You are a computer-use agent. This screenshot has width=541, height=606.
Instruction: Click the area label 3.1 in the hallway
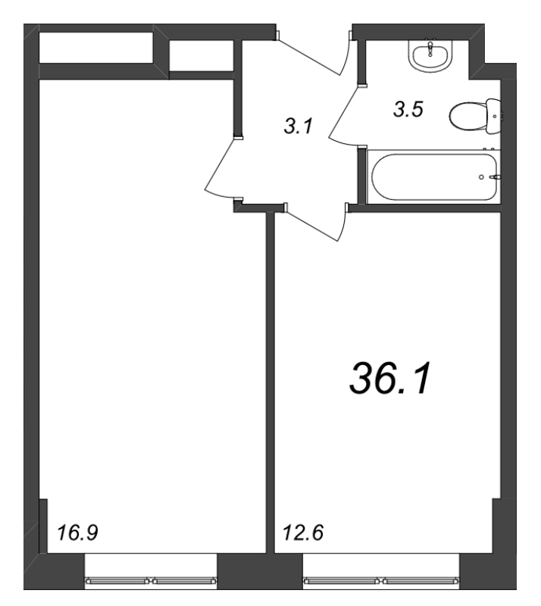tap(298, 127)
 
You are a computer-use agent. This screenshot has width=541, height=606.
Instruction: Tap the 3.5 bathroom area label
tap(408, 109)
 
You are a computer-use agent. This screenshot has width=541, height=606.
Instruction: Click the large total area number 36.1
tap(389, 376)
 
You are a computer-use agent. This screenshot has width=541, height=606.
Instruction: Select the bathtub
tap(433, 177)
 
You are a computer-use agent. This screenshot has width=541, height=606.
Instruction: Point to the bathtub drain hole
tap(482, 177)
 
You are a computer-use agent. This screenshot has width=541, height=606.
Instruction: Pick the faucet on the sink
tap(432, 45)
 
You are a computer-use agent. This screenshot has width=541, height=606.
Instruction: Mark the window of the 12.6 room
tap(382, 581)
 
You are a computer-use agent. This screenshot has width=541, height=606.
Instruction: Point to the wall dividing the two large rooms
tap(270, 379)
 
